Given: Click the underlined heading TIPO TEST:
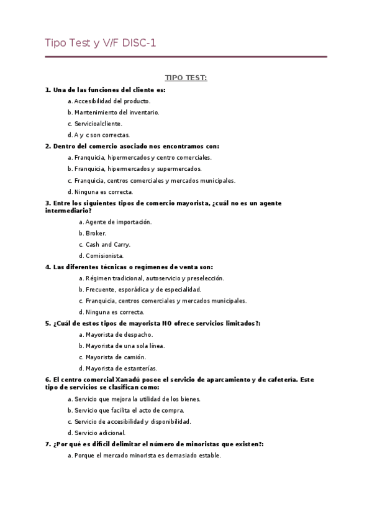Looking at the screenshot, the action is (186, 78).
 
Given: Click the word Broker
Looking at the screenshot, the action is (96, 233).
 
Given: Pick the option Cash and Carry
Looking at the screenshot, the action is (108, 244).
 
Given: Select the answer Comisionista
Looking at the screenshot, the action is (104, 255).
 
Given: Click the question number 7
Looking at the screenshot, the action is (48, 444).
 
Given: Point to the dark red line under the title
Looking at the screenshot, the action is (186, 57).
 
